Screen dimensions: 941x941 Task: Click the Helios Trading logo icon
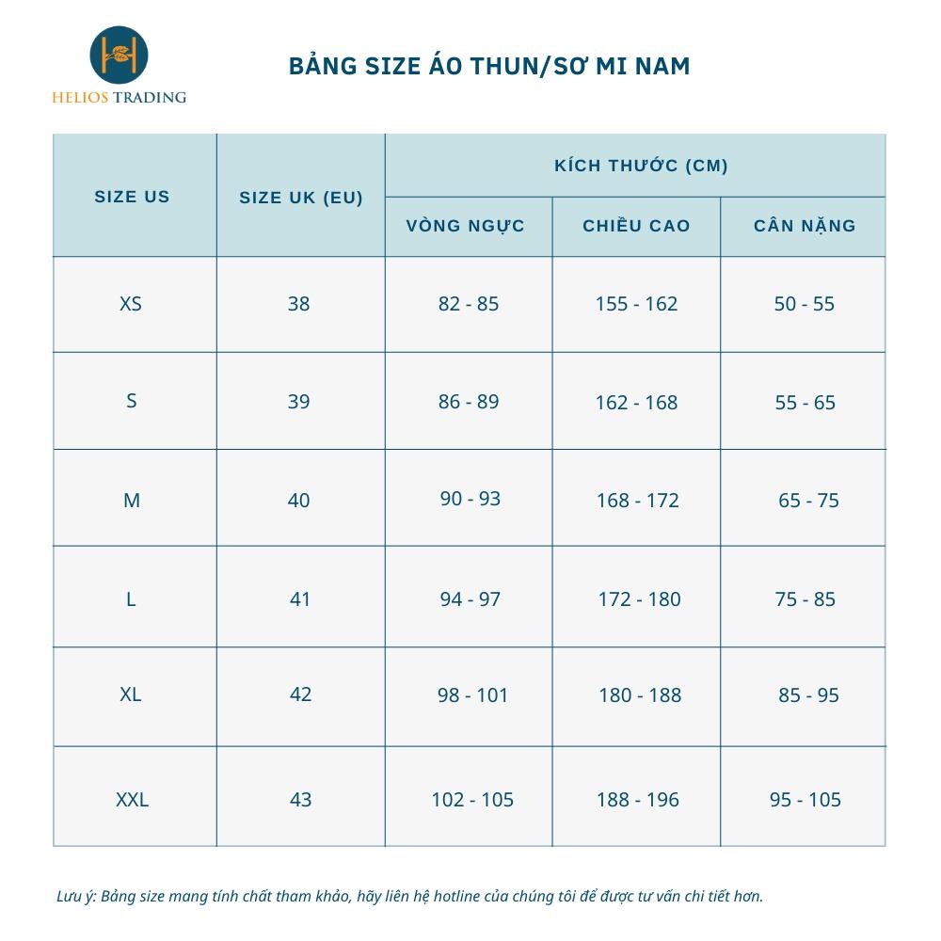tap(119, 56)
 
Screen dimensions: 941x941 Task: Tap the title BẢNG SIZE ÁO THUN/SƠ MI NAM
tap(489, 66)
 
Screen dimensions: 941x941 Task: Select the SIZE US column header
tap(132, 197)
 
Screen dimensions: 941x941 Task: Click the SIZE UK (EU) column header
tap(301, 198)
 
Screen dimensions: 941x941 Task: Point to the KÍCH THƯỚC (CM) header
tap(641, 166)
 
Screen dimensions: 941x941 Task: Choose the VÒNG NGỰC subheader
tap(466, 226)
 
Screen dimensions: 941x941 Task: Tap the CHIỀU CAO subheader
tap(636, 226)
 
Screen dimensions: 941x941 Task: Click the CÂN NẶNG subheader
tap(805, 226)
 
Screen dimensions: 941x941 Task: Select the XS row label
tap(131, 304)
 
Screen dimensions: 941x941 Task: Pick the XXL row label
tap(132, 800)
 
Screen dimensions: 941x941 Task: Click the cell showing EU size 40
tap(298, 501)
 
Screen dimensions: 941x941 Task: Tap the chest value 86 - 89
tap(469, 402)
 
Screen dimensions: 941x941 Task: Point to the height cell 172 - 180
tap(639, 599)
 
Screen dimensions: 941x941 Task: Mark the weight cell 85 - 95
tap(808, 695)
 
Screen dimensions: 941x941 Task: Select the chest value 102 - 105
tap(472, 800)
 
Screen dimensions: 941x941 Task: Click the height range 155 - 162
tap(636, 304)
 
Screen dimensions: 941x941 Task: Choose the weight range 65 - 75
tap(808, 501)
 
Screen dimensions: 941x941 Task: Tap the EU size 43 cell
tap(300, 800)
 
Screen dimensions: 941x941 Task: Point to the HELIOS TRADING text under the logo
tap(119, 97)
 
